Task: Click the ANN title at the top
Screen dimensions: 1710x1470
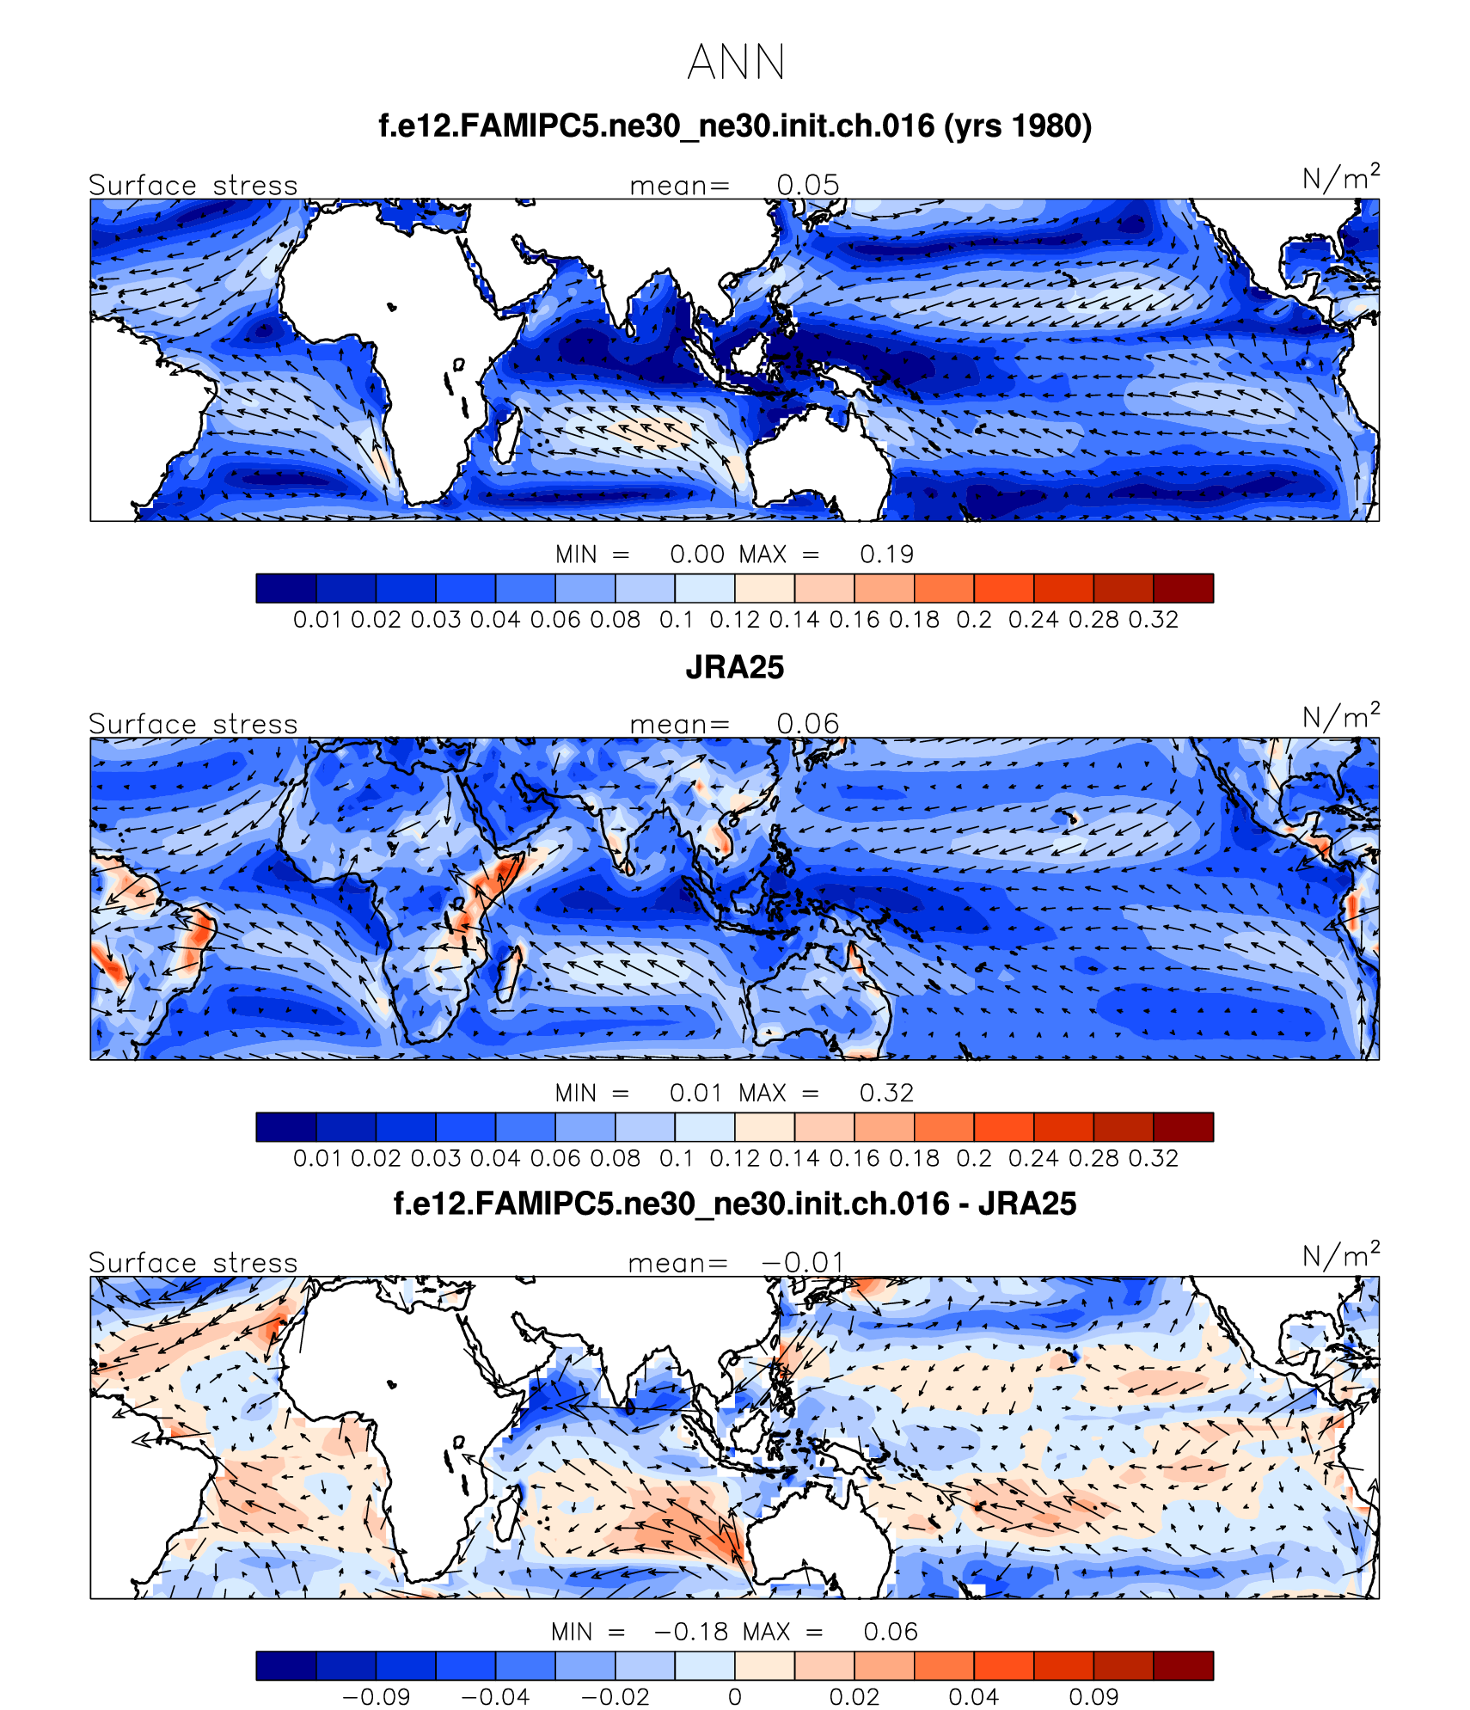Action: [736, 63]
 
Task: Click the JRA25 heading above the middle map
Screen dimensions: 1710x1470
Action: [735, 668]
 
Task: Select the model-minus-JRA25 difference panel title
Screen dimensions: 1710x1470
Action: [735, 1204]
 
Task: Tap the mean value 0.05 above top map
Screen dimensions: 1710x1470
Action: [807, 186]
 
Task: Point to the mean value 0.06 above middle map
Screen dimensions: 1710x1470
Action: [807, 724]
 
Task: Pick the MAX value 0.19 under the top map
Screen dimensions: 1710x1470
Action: [886, 555]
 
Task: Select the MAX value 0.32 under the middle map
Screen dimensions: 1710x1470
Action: [886, 1093]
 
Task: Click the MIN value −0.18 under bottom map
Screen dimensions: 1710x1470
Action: [691, 1631]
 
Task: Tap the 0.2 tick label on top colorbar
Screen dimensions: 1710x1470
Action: [974, 620]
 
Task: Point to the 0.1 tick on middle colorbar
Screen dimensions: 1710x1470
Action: [677, 1158]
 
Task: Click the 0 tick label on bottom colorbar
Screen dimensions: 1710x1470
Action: [735, 1697]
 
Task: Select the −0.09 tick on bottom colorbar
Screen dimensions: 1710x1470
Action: [377, 1697]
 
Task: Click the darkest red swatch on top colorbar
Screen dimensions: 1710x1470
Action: [1183, 588]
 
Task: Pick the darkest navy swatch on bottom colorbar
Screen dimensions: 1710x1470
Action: [286, 1665]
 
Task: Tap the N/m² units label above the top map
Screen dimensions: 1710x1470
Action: [1340, 178]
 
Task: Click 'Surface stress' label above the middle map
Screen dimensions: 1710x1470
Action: [193, 724]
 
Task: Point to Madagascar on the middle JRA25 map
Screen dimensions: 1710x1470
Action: [507, 972]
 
